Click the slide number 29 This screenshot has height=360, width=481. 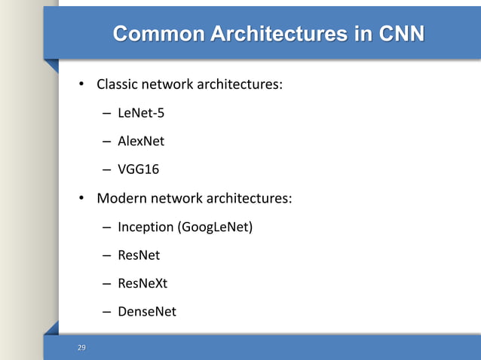pyautogui.click(x=82, y=347)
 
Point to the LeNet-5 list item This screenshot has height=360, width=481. pyautogui.click(x=141, y=113)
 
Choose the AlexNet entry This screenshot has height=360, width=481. pyautogui.click(x=141, y=141)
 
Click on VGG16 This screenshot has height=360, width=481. pyautogui.click(x=138, y=169)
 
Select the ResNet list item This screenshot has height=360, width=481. pyautogui.click(x=139, y=255)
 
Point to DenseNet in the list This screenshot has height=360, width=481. pyautogui.click(x=146, y=311)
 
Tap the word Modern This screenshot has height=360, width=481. pyautogui.click(x=121, y=199)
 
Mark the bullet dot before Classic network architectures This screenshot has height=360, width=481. pyautogui.click(x=84, y=84)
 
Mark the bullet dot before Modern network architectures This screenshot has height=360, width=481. pyautogui.click(x=84, y=199)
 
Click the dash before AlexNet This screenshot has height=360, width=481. pyautogui.click(x=107, y=142)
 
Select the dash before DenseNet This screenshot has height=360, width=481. pyautogui.click(x=107, y=312)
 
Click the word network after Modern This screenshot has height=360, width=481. pyautogui.click(x=174, y=199)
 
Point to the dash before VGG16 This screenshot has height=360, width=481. pyautogui.click(x=107, y=170)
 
